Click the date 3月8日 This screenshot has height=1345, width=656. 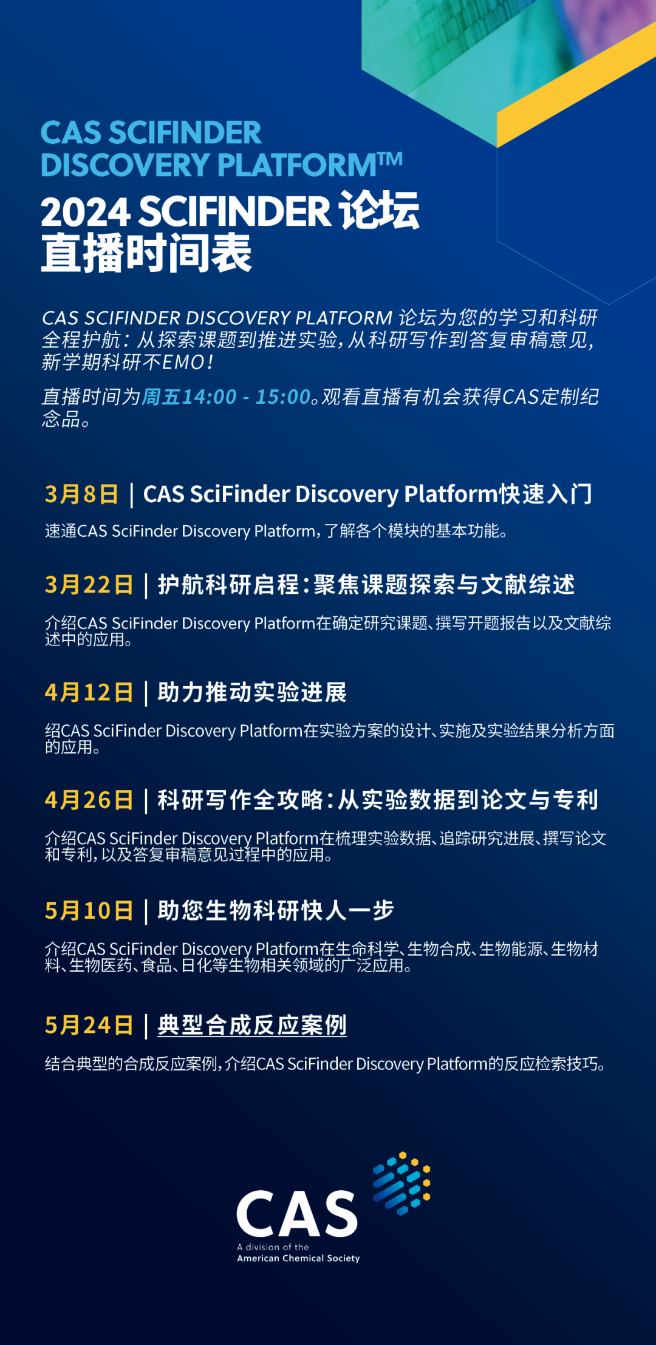point(81,494)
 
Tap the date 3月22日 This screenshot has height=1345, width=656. point(89,585)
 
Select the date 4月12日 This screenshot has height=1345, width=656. point(89,692)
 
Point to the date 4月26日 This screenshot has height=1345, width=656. point(89,800)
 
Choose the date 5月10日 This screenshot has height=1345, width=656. point(89,910)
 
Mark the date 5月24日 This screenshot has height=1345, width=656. point(89,1025)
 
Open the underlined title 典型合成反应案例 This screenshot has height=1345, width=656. point(252,1026)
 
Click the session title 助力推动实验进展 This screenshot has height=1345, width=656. point(252,692)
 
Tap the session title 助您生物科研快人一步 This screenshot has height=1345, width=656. point(276,910)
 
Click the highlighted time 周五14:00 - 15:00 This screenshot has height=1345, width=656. point(226,397)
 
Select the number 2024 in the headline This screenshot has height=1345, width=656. point(86,212)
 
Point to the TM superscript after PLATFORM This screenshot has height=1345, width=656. point(390,158)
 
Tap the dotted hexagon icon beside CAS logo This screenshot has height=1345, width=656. point(401,1183)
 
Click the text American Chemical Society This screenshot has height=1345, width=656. point(298,1259)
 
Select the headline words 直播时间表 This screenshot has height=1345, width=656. point(146,253)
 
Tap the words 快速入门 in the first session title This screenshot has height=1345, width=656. point(545,494)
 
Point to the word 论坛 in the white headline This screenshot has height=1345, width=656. point(379,211)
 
